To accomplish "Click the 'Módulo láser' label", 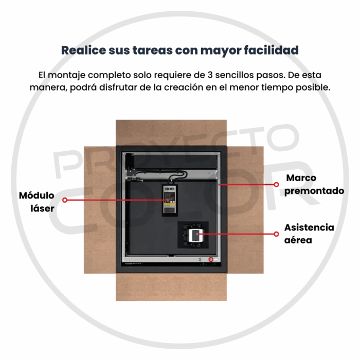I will (37, 202).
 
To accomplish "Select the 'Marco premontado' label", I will (314, 184).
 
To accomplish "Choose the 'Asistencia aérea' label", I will (309, 233).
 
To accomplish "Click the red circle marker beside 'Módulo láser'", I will (65, 200).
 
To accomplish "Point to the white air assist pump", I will (195, 236).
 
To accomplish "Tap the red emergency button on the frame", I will (210, 259).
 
